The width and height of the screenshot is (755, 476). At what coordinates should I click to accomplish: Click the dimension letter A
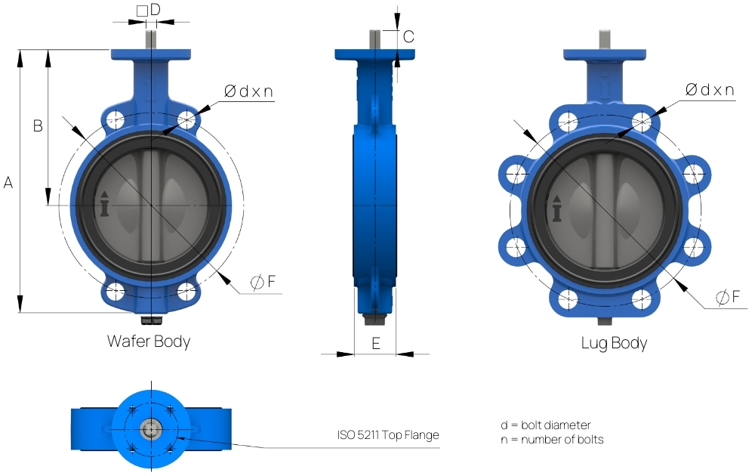(x=8, y=182)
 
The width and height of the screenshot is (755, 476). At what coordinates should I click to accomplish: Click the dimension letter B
(x=37, y=126)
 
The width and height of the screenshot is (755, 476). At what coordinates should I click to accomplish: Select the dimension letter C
(x=408, y=36)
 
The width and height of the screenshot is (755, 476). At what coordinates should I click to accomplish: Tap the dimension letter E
(x=375, y=343)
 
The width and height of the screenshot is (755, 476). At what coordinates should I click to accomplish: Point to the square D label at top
(x=149, y=10)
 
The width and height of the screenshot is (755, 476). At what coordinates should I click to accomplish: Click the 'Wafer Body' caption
(x=149, y=341)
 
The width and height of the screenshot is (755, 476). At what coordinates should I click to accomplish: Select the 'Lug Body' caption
(x=614, y=343)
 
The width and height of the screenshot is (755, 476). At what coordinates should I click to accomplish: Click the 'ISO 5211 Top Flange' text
(x=388, y=434)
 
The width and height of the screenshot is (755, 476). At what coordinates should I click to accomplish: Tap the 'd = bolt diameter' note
(x=545, y=425)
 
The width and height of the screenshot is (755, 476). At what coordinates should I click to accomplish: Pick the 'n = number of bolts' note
(x=552, y=439)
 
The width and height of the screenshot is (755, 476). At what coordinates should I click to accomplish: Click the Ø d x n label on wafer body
(x=248, y=91)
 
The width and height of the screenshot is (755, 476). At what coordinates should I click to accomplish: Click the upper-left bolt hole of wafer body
(x=116, y=119)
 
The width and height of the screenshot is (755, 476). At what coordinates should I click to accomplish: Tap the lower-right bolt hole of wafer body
(x=186, y=289)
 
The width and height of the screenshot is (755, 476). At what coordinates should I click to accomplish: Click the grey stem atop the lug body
(x=604, y=39)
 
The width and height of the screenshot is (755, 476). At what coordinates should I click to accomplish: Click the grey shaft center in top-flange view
(x=150, y=429)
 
